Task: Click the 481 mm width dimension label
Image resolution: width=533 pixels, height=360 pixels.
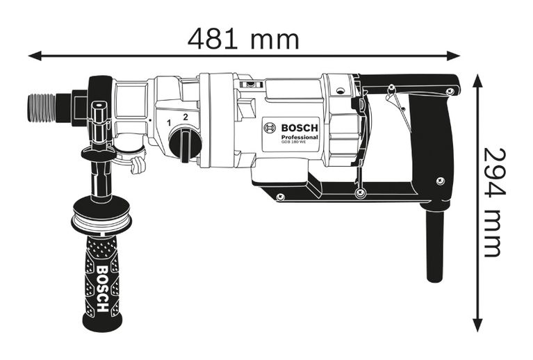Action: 243,39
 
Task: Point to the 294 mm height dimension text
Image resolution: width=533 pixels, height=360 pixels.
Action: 493,202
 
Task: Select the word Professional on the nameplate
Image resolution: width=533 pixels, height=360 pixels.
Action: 300,138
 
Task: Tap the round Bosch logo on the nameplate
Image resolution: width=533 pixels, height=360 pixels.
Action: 270,129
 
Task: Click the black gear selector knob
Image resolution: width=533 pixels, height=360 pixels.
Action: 185,145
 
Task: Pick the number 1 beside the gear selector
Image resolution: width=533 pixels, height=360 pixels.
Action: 169,123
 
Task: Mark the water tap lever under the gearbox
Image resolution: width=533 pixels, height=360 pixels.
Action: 138,164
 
